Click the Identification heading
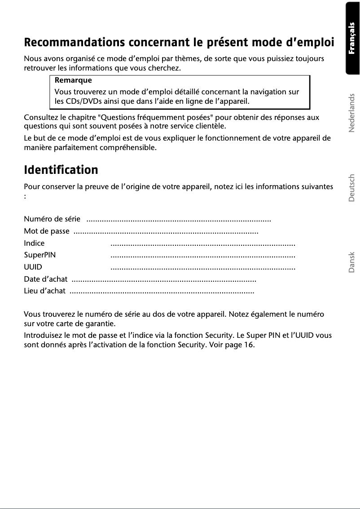pyautogui.click(x=61, y=170)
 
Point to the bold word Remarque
pyautogui.click(x=73, y=81)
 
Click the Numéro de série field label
pyautogui.click(x=52, y=219)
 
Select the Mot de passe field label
pyautogui.click(x=46, y=231)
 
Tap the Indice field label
pyautogui.click(x=34, y=243)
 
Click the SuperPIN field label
pyautogui.click(x=40, y=256)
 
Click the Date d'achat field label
pyautogui.click(x=45, y=279)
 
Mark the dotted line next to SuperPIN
pyautogui.click(x=203, y=256)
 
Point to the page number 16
pyautogui.click(x=249, y=345)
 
